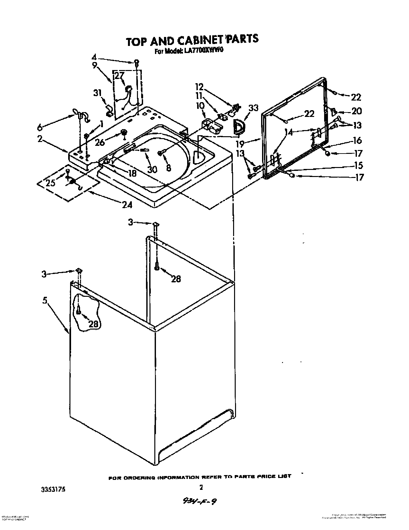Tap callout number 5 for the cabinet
coord(44,301)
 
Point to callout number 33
coord(254,108)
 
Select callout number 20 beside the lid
coord(356,111)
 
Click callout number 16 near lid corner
coord(357,140)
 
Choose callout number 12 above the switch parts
coord(199,87)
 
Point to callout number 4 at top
coord(94,57)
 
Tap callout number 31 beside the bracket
coord(97,93)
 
